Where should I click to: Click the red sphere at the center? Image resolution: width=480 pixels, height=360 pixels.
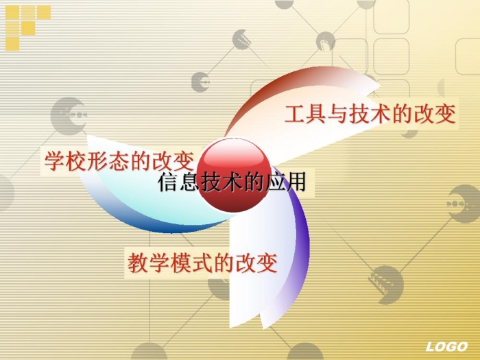click(234, 175)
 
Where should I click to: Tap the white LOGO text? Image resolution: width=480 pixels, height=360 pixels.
click(446, 347)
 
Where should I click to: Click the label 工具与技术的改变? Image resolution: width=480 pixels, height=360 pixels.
click(370, 114)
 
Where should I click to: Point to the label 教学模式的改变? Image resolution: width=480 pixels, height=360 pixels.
click(202, 263)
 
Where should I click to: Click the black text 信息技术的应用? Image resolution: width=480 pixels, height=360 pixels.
click(232, 182)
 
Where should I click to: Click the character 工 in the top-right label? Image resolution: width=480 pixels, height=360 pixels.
click(295, 115)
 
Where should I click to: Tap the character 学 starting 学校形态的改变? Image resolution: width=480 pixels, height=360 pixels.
click(55, 161)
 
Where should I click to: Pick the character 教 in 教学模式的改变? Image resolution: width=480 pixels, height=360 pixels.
click(138, 263)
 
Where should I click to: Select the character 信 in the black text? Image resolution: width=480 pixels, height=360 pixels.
click(168, 183)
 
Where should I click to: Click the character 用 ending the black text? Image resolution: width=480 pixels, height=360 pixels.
click(296, 183)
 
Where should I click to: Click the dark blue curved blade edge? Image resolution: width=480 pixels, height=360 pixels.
click(147, 219)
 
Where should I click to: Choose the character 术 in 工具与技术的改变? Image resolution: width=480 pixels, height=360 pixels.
click(381, 115)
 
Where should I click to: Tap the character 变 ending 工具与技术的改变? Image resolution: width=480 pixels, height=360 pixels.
click(446, 115)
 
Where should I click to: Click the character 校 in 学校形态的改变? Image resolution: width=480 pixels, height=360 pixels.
click(76, 161)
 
